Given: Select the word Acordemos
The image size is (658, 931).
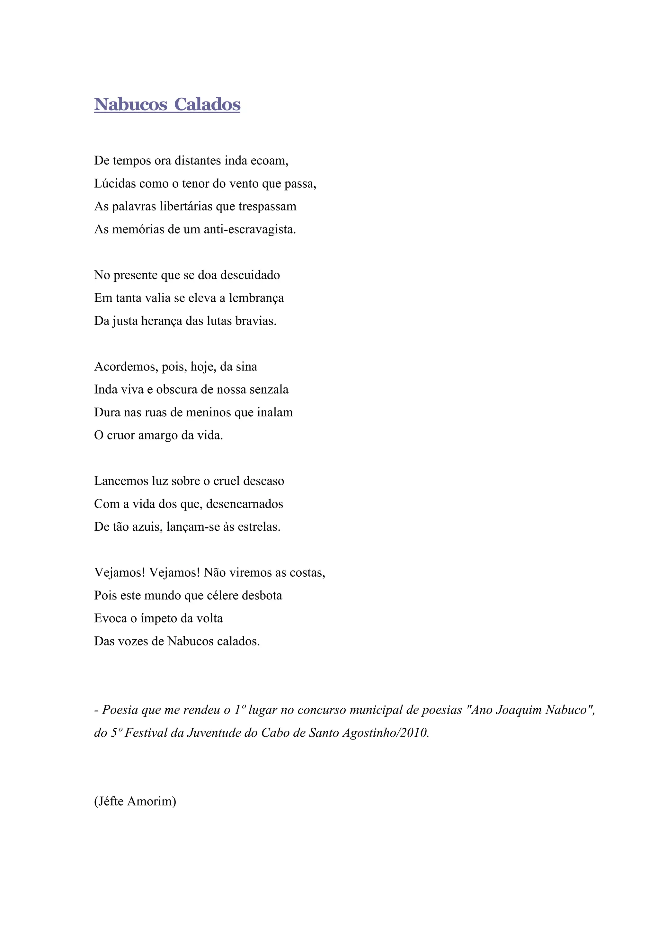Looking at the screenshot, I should tap(126, 367).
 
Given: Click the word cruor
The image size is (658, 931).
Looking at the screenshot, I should tap(121, 436).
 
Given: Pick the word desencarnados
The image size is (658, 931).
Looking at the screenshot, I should tap(245, 504).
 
